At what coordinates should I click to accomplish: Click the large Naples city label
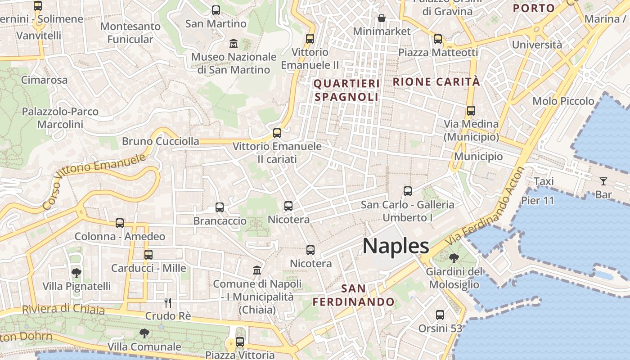point(396,246)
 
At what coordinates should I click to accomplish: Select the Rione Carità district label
point(436,82)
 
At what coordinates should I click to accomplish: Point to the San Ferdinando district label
point(354,295)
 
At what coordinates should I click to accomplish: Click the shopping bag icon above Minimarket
point(382,18)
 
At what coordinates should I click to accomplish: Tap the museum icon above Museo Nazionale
point(234,44)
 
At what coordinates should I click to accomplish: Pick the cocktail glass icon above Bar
point(603,181)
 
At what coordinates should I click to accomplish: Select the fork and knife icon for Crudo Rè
point(168,302)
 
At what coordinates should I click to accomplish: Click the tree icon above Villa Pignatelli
point(76,273)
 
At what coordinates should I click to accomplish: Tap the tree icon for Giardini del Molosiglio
point(454,258)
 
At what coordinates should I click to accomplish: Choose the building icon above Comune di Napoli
point(257,270)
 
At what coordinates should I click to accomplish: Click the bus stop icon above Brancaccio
point(220,207)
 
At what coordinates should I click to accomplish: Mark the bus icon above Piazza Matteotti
point(438,39)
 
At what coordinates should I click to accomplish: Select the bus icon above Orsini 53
point(440,315)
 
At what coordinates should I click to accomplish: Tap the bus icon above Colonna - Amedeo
point(120,223)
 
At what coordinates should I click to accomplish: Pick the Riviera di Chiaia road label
point(63,309)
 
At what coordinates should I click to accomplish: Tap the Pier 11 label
point(538,201)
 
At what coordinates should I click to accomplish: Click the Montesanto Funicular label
point(130,33)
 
